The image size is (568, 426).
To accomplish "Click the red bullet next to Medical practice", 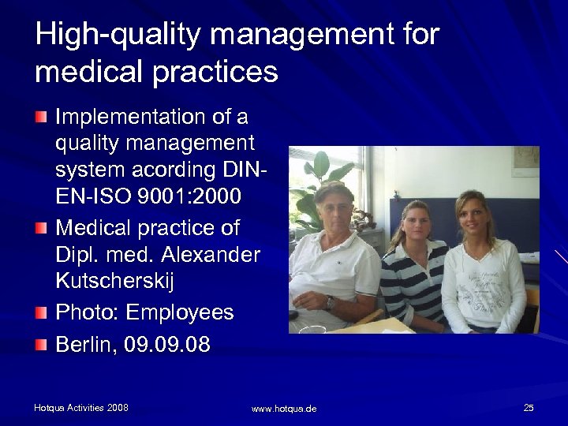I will click(41, 228).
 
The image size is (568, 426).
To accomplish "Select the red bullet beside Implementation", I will click(41, 118).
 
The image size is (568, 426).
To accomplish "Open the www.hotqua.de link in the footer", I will click(284, 409).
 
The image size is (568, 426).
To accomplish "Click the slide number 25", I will click(528, 407).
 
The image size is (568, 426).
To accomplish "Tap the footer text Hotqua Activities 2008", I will click(81, 407).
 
